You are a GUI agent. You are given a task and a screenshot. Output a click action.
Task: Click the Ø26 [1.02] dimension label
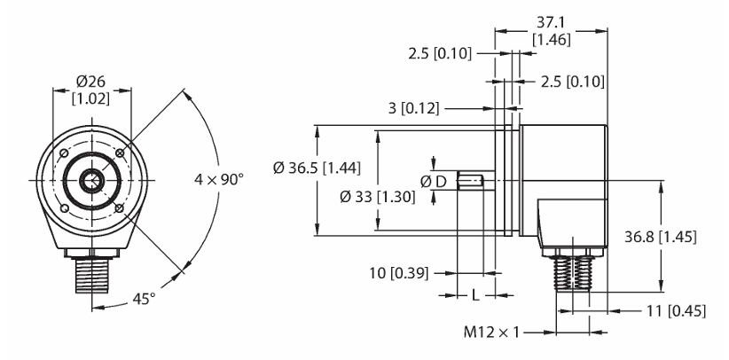click(91, 90)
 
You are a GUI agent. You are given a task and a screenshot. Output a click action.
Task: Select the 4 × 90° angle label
click(218, 179)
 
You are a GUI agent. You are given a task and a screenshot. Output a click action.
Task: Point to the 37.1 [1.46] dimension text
click(551, 32)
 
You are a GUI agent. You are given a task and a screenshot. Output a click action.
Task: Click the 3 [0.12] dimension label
click(413, 108)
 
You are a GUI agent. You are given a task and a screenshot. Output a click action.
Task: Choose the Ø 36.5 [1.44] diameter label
click(317, 168)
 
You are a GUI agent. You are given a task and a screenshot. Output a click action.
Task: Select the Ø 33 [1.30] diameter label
click(378, 197)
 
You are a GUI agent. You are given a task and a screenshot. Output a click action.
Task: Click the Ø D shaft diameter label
click(433, 182)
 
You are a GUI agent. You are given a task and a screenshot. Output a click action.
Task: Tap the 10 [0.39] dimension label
click(398, 273)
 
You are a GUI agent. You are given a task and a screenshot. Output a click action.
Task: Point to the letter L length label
click(475, 295)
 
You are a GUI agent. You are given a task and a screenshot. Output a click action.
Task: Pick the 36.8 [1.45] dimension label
click(660, 238)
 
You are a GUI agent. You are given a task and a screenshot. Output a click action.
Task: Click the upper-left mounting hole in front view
click(65, 153)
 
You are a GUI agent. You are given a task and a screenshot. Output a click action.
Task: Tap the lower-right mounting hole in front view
click(120, 207)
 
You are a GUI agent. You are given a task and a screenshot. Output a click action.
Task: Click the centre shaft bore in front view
click(92, 181)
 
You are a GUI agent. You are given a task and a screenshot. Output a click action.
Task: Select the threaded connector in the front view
click(92, 277)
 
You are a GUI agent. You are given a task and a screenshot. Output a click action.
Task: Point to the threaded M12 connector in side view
click(573, 273)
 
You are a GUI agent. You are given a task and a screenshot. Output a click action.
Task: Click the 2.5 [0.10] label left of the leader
click(440, 54)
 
